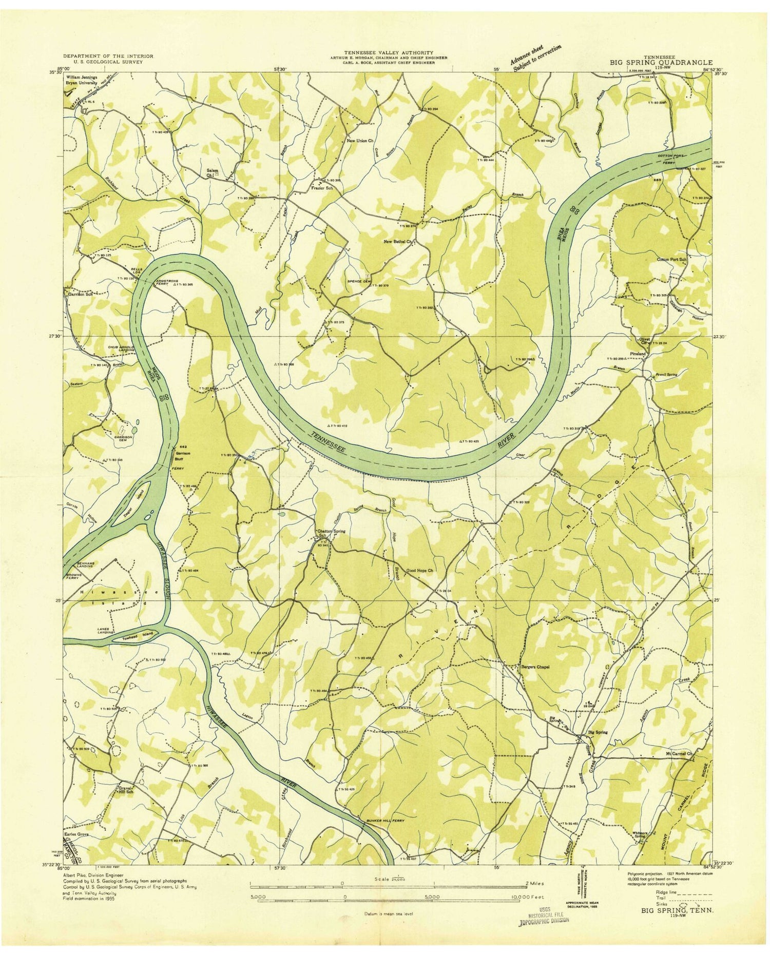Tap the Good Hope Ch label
[x=420, y=571]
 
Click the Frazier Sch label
[x=323, y=188]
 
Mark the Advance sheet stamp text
[x=535, y=56]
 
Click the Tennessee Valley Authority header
[x=388, y=52]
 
